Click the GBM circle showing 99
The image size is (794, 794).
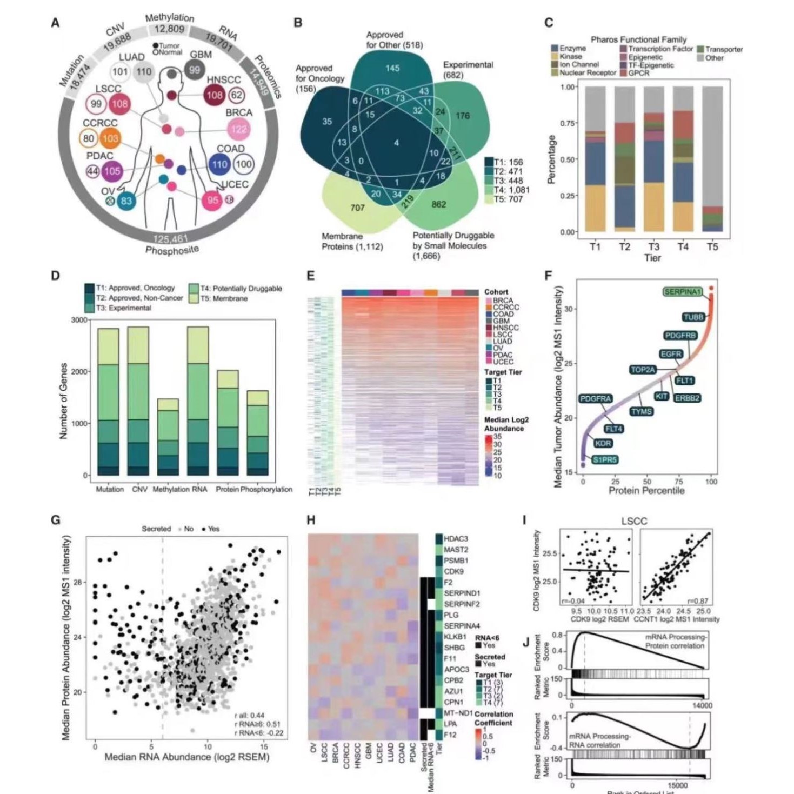194,70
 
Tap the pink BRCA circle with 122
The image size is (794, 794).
238,129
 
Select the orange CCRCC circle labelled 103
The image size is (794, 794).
110,138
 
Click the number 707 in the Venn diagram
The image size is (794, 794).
357,208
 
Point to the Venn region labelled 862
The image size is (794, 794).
438,204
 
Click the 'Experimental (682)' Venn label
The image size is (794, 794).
468,70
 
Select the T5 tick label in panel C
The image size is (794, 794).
712,247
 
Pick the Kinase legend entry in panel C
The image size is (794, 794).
571,56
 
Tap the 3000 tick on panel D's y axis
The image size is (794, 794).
79,320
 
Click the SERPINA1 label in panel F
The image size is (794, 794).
682,292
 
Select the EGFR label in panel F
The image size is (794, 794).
671,354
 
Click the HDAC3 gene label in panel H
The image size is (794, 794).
456,539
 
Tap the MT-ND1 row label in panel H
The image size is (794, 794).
458,712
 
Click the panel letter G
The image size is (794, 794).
55,520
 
